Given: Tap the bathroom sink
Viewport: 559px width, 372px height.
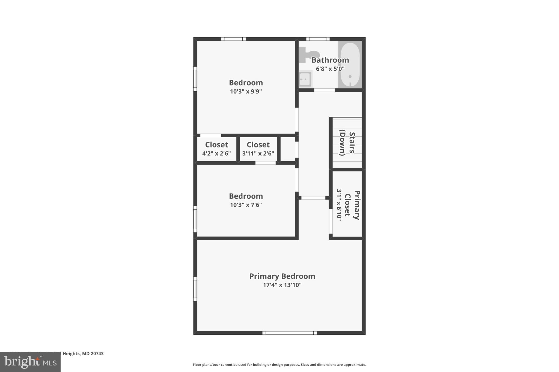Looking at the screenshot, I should pyautogui.click(x=305, y=79).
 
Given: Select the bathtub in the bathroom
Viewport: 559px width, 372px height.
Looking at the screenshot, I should pyautogui.click(x=350, y=65).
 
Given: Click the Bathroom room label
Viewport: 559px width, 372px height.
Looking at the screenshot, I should pyautogui.click(x=330, y=60).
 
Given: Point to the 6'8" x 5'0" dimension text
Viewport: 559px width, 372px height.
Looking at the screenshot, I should pyautogui.click(x=330, y=69).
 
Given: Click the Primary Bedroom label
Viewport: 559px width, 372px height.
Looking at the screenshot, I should pyautogui.click(x=282, y=276).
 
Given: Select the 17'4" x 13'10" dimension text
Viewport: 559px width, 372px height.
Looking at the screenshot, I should pyautogui.click(x=282, y=285).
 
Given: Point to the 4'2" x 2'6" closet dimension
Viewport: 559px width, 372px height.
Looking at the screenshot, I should pyautogui.click(x=216, y=153).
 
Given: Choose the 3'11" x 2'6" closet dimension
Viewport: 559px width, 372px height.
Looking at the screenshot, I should pyautogui.click(x=258, y=153).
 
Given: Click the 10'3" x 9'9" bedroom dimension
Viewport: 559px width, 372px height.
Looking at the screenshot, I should pyautogui.click(x=246, y=91).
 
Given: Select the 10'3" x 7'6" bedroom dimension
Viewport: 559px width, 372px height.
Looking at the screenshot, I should pyautogui.click(x=246, y=205).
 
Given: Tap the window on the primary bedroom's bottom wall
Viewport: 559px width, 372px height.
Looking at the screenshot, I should pyautogui.click(x=290, y=333).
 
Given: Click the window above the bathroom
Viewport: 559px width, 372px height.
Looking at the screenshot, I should pyautogui.click(x=318, y=39).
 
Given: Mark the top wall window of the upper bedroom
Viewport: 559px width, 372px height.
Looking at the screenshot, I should pyautogui.click(x=233, y=39).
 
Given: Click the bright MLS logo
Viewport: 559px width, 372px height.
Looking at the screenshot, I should pyautogui.click(x=30, y=362).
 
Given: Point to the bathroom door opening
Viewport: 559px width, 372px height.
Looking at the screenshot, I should pyautogui.click(x=324, y=90).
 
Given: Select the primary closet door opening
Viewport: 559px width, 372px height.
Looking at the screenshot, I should pyautogui.click(x=331, y=221).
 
